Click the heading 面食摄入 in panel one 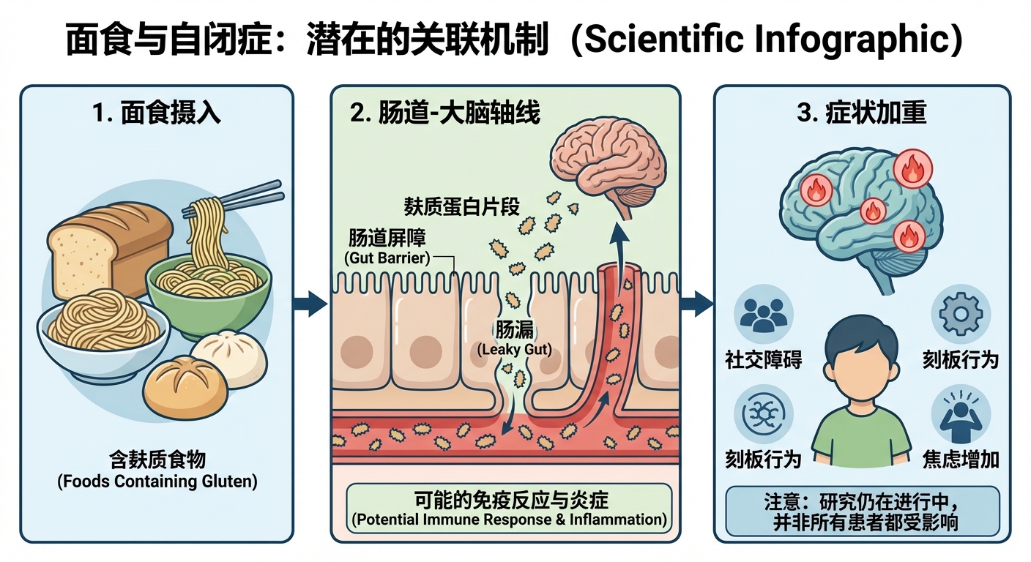pyautogui.click(x=157, y=114)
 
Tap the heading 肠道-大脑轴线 pyautogui.click(x=444, y=114)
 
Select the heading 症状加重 pyautogui.click(x=861, y=114)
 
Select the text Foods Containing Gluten pyautogui.click(x=157, y=482)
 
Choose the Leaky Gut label pyautogui.click(x=514, y=349)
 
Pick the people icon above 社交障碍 pyautogui.click(x=763, y=314)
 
